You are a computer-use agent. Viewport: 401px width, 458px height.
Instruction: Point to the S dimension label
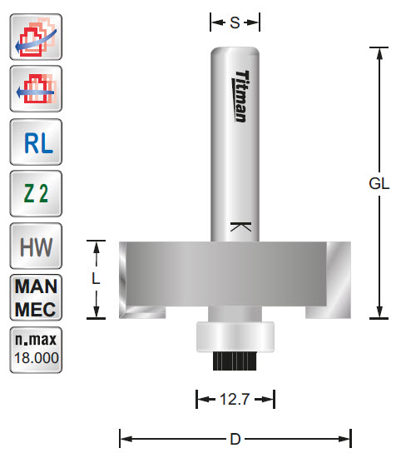235,23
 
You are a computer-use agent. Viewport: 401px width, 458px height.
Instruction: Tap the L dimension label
97,280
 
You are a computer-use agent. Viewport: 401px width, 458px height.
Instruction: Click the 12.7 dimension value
235,401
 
